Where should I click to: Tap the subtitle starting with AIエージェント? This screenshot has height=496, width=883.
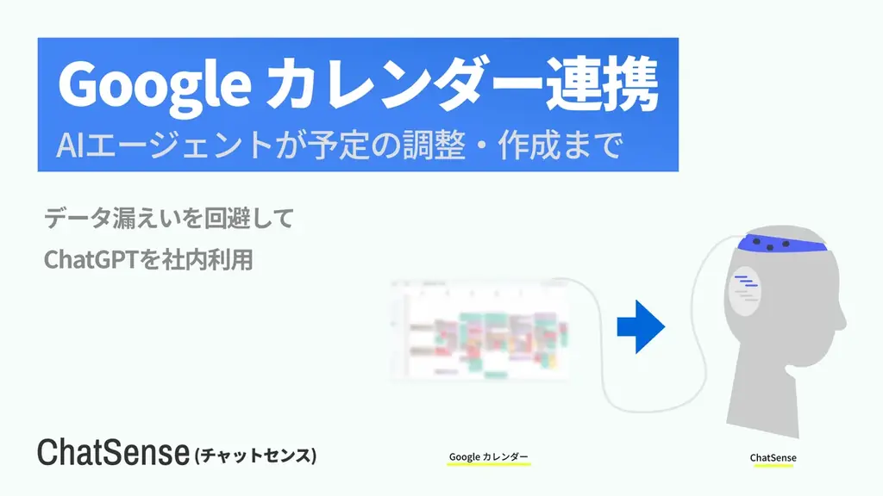(338, 145)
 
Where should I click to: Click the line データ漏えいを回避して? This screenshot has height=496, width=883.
(168, 218)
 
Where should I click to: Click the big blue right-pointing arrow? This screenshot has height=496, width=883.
(641, 327)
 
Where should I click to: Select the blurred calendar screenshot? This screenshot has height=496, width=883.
(479, 331)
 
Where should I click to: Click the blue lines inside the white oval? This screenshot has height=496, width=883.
(746, 282)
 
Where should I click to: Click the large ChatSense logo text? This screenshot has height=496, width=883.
(112, 453)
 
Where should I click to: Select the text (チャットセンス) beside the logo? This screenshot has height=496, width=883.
(256, 455)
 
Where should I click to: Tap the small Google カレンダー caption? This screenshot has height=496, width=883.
(488, 456)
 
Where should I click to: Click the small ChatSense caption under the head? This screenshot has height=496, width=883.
(773, 457)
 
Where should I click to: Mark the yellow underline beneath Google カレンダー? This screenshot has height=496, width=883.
(488, 465)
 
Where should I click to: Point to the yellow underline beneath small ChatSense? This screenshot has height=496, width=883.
(773, 466)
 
